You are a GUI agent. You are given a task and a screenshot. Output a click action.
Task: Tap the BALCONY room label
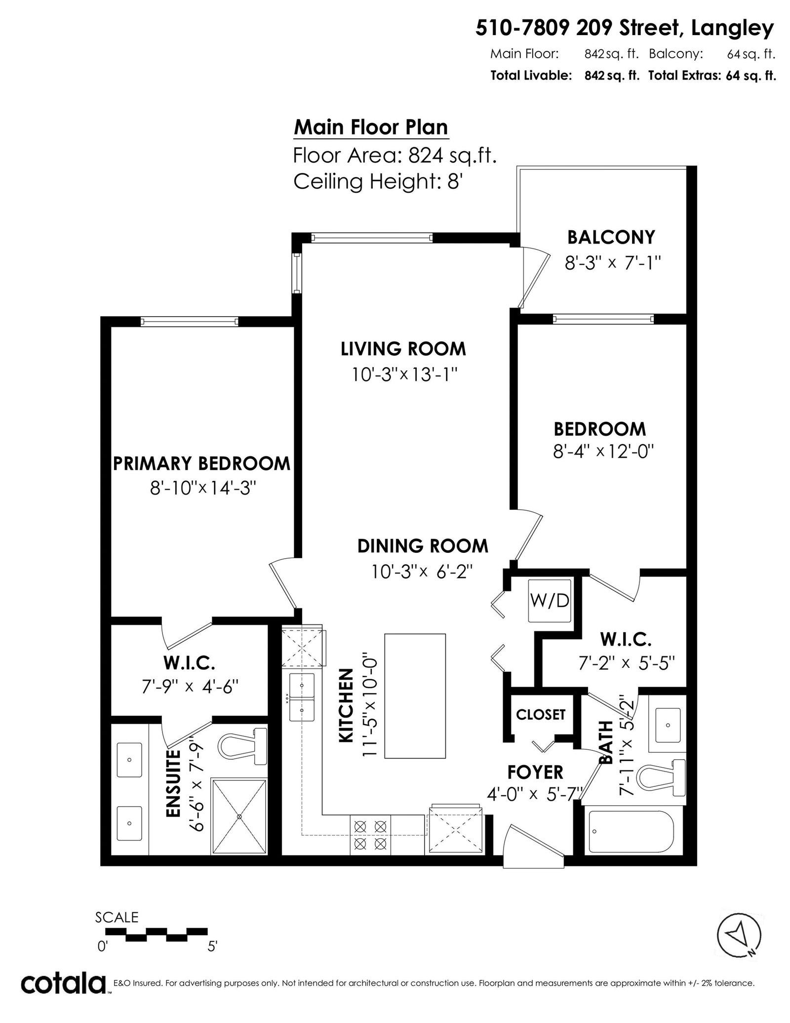tap(611, 238)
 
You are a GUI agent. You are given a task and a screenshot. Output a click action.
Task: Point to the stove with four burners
tap(370, 834)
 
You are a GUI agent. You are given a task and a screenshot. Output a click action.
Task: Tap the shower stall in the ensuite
tap(239, 816)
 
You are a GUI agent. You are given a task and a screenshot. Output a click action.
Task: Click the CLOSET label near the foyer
tap(541, 714)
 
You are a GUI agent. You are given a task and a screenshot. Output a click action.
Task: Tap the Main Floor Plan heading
tap(371, 127)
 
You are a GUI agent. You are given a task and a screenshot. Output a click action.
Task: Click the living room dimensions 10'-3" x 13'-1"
tap(403, 375)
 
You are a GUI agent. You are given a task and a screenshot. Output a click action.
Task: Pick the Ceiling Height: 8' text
tap(377, 182)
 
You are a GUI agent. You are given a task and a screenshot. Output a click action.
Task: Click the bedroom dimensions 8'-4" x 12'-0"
tap(603, 451)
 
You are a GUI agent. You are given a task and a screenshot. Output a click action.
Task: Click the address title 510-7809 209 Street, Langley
tap(625, 29)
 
